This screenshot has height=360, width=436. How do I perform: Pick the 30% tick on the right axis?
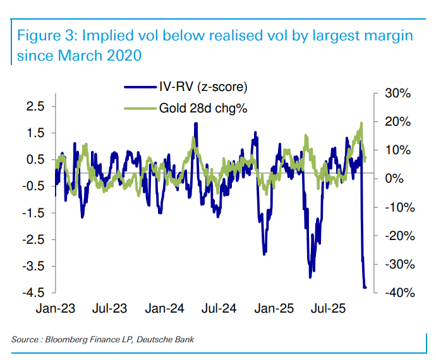399,93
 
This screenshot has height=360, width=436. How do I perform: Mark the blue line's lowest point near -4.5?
365,287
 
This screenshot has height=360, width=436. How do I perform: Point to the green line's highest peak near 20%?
361,123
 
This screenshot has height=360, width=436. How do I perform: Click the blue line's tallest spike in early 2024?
197,124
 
